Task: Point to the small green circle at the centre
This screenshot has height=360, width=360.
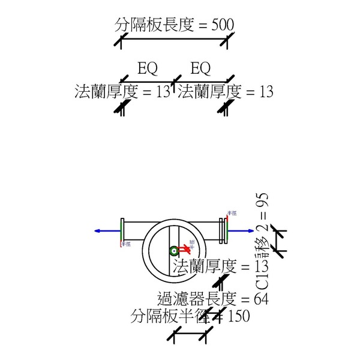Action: [x=174, y=251]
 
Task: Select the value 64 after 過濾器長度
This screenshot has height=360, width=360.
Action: [x=262, y=299]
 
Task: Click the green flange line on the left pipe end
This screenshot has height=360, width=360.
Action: [x=122, y=230]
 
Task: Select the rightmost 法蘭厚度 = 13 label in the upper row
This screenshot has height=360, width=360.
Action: [x=226, y=92]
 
